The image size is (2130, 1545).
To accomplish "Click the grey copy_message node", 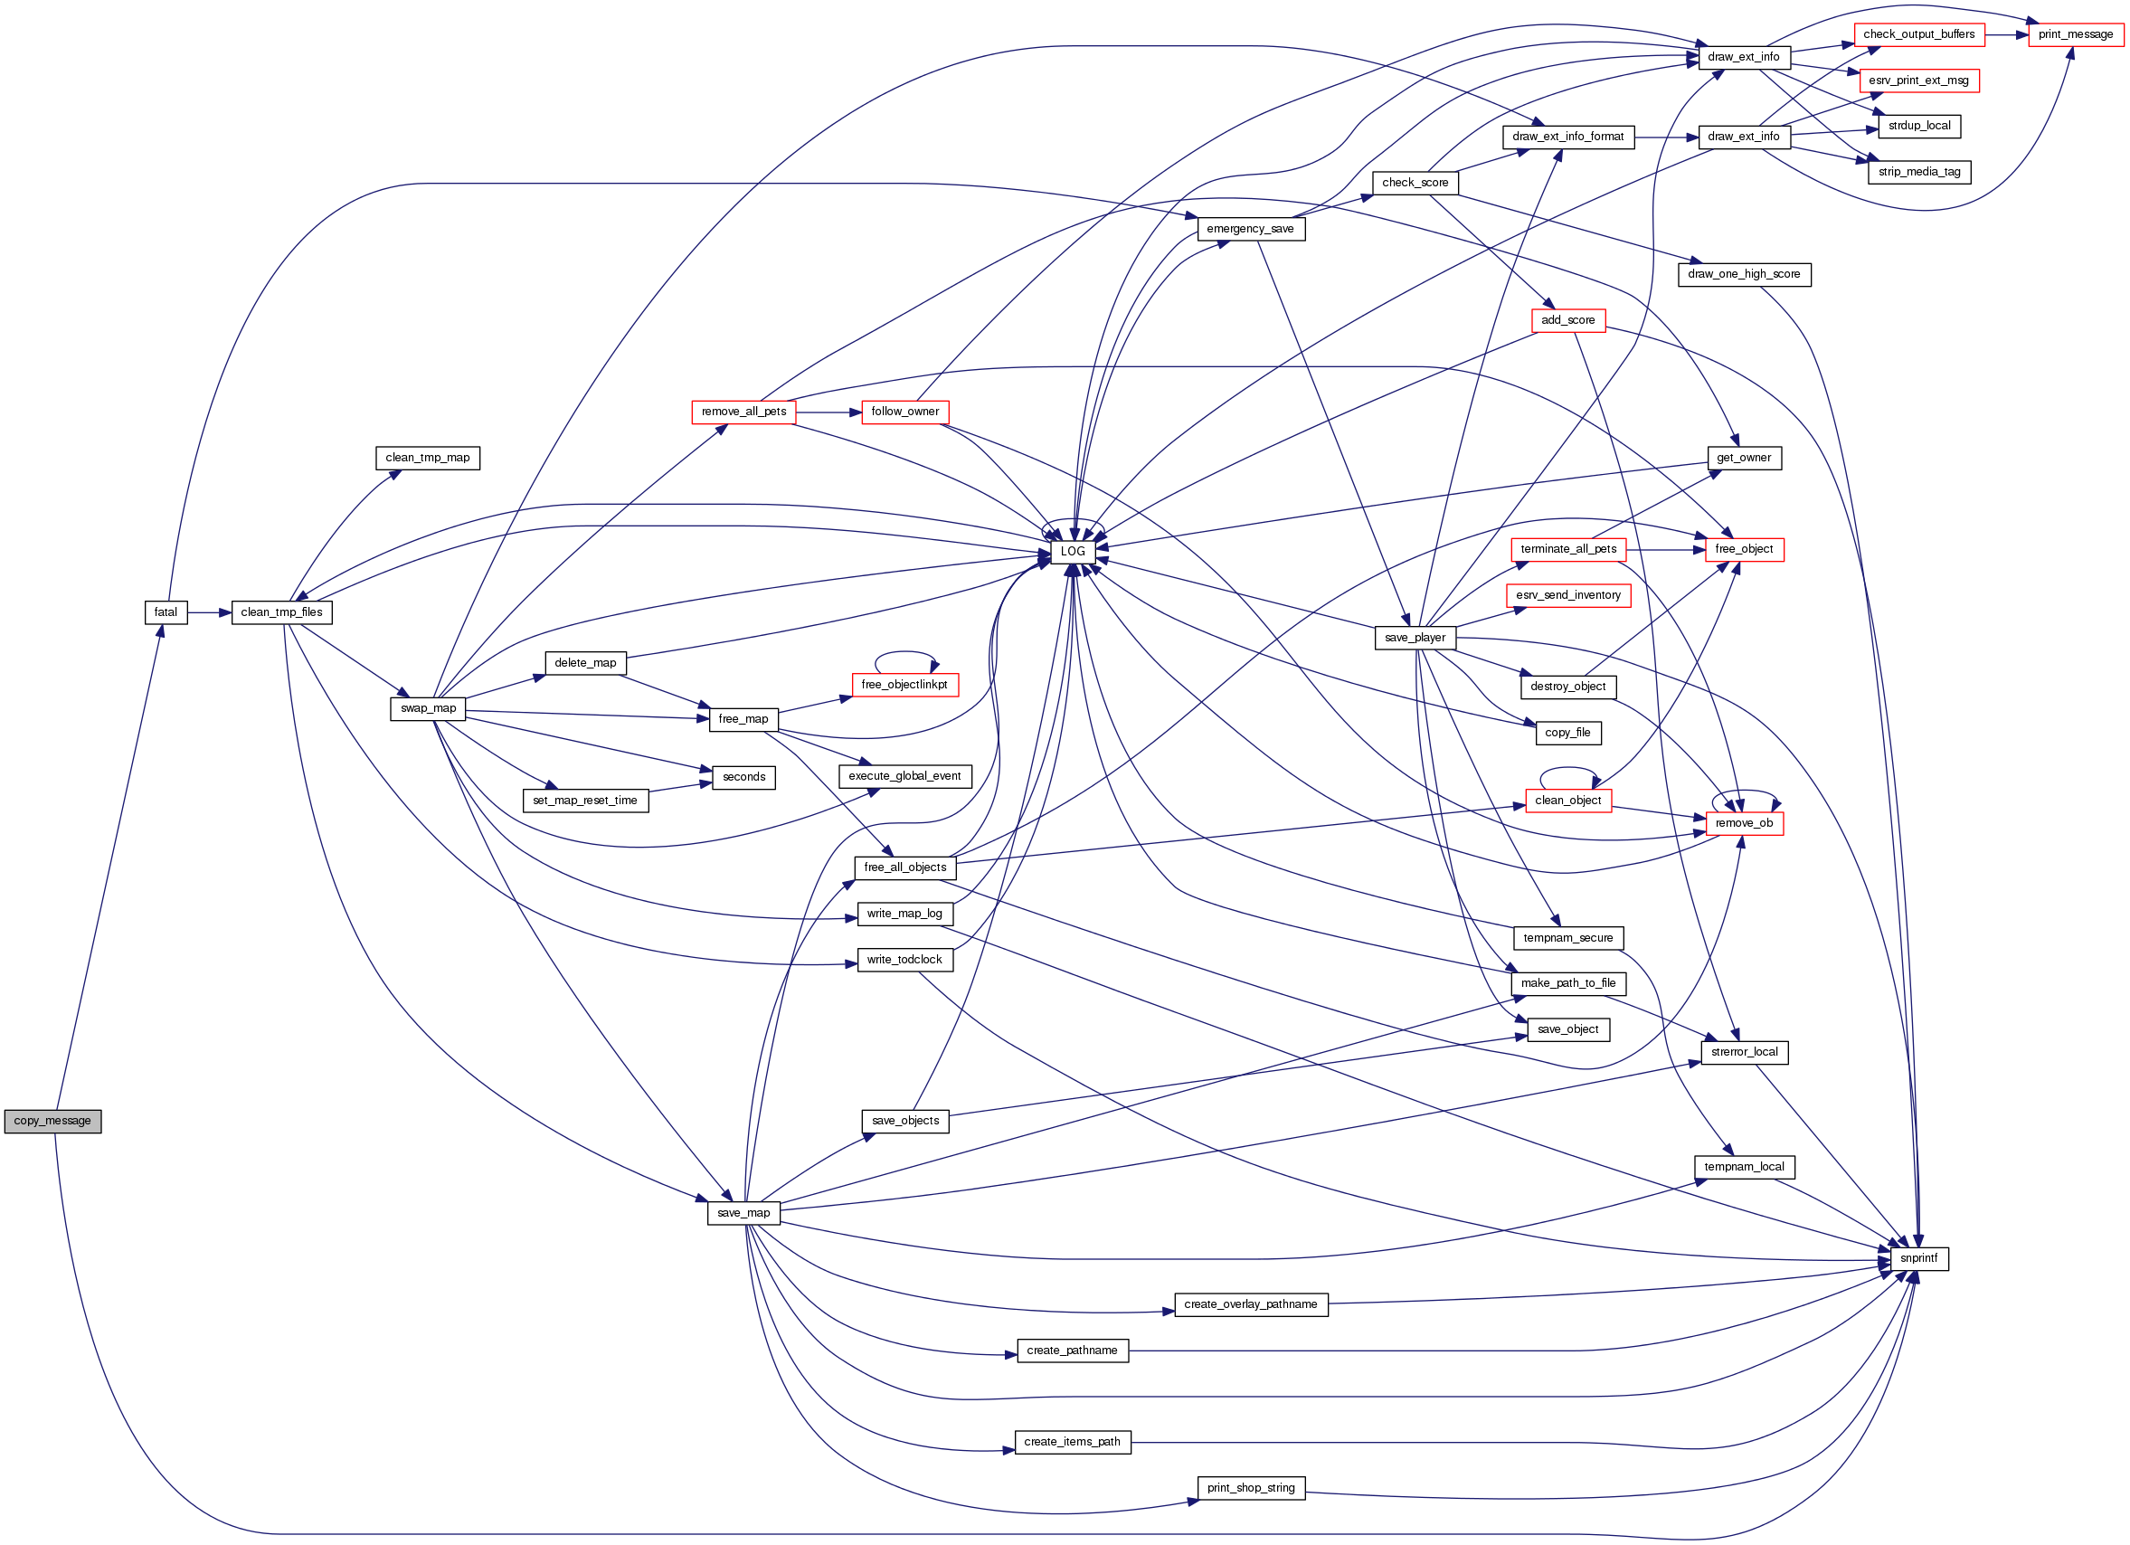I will pyautogui.click(x=52, y=1121).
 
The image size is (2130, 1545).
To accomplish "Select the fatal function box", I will pyautogui.click(x=166, y=612).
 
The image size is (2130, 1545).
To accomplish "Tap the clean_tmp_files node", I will pyautogui.click(x=282, y=612).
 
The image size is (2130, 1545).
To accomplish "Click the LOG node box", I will pyautogui.click(x=1073, y=551).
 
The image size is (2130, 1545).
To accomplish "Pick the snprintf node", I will pyautogui.click(x=1917, y=1258).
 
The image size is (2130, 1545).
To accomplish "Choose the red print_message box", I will pyautogui.click(x=2076, y=34).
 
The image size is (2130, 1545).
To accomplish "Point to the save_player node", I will pyautogui.click(x=1415, y=638).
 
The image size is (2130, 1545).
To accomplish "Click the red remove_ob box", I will pyautogui.click(x=1744, y=824).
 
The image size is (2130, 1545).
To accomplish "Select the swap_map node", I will pyautogui.click(x=428, y=708).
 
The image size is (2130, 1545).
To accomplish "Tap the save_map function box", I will pyautogui.click(x=743, y=1213).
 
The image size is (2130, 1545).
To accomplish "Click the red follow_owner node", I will pyautogui.click(x=904, y=412).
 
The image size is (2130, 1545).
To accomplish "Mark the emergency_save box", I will pyautogui.click(x=1250, y=229).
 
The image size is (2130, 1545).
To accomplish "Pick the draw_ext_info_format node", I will pyautogui.click(x=1568, y=137).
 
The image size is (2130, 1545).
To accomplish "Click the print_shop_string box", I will pyautogui.click(x=1251, y=1488).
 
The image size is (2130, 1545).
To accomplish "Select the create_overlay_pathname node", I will pyautogui.click(x=1251, y=1304).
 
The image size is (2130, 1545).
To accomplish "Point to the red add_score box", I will pyautogui.click(x=1568, y=320).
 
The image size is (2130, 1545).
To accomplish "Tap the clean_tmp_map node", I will pyautogui.click(x=427, y=459).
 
